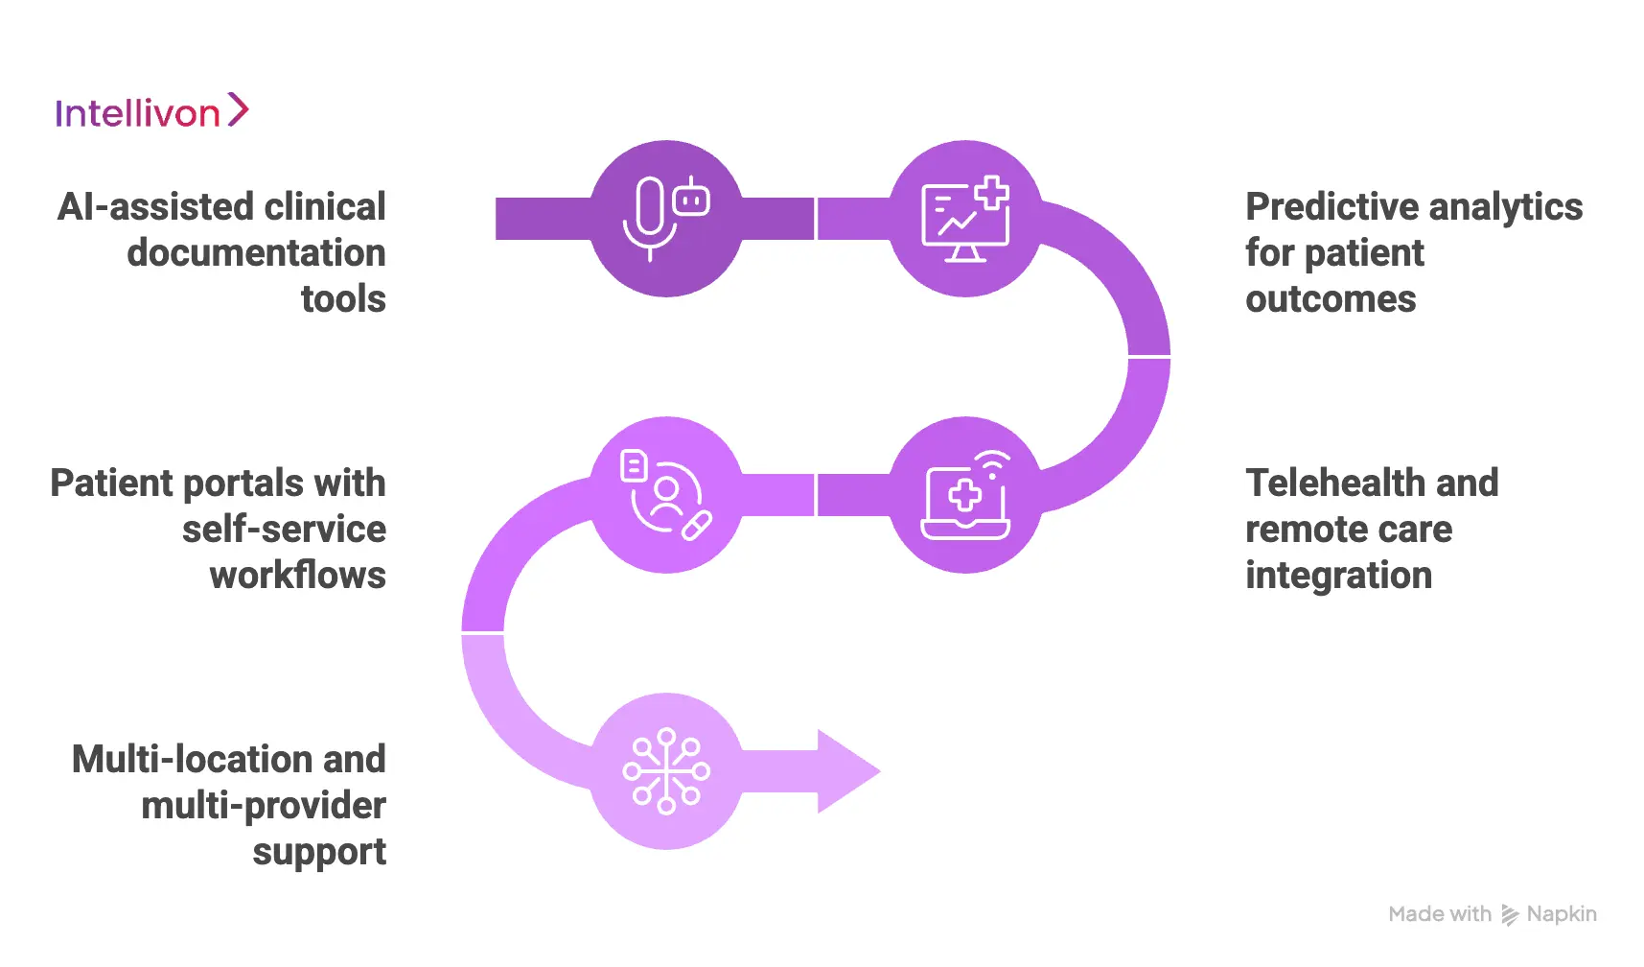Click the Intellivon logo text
137,114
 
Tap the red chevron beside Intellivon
238,110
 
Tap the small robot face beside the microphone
691,200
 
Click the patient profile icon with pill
666,495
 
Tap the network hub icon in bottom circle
666,771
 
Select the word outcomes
1330,299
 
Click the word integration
1338,576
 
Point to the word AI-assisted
154,207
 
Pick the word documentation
256,253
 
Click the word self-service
284,530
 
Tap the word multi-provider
263,806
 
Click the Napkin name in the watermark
1561,914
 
